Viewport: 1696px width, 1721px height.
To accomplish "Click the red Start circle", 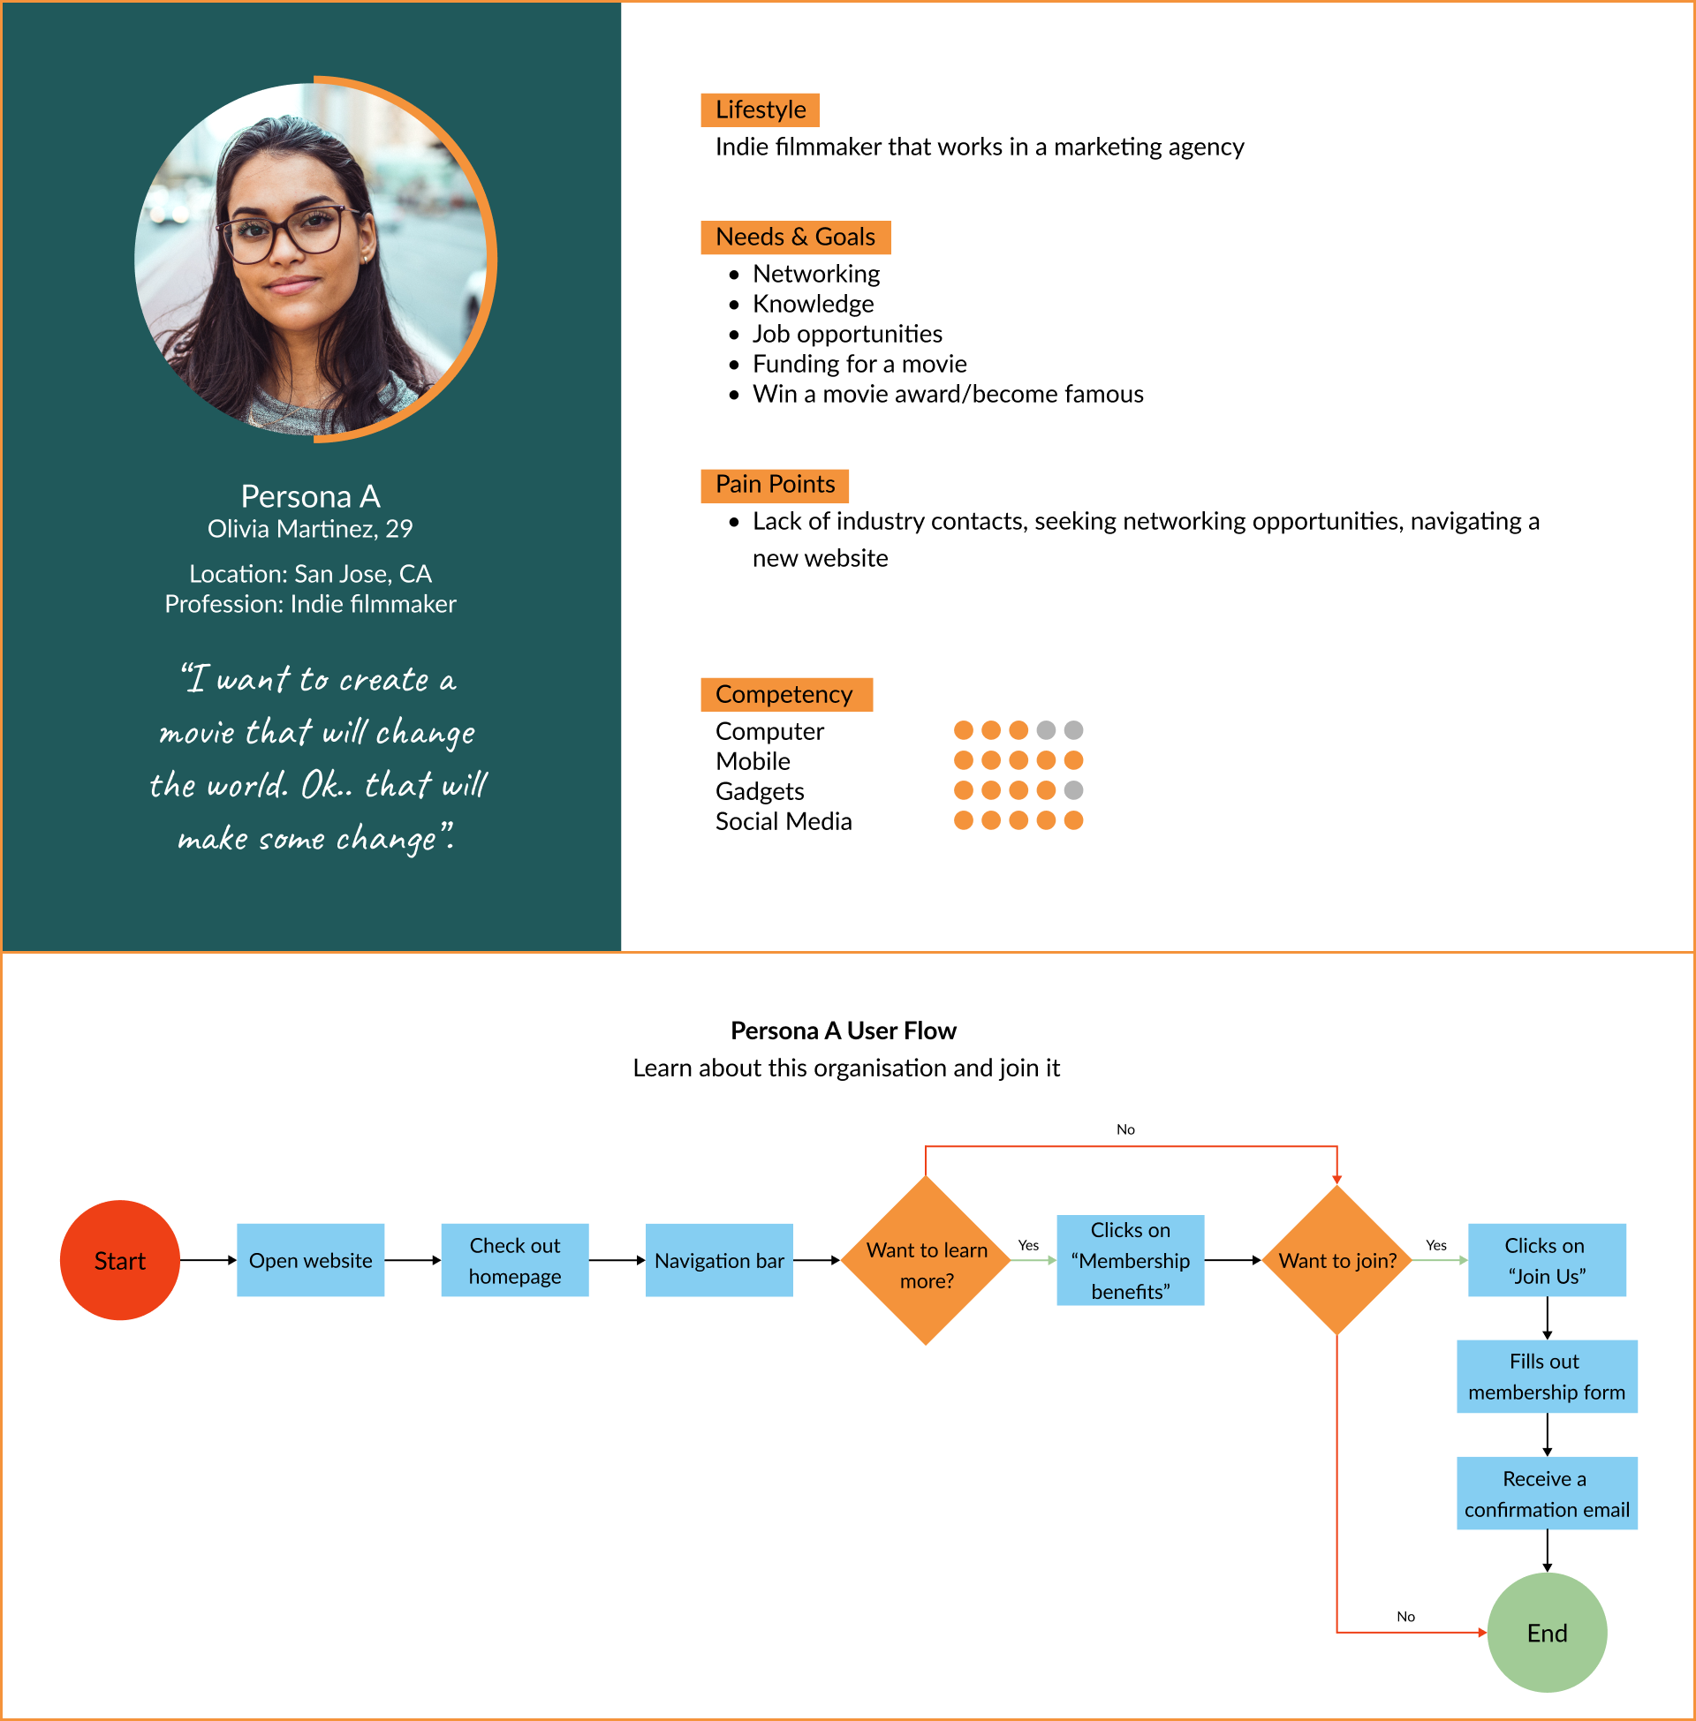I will click(119, 1260).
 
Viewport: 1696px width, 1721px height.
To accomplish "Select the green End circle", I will click(1547, 1632).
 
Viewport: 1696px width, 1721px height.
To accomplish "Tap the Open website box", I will click(310, 1260).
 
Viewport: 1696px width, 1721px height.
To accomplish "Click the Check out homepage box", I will click(515, 1260).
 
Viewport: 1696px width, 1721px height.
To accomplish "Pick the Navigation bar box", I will click(719, 1260).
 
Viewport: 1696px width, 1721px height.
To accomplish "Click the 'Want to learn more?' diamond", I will click(927, 1260).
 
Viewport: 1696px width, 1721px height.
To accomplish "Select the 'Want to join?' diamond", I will click(1337, 1260).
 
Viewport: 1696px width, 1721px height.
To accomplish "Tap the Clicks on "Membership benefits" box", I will click(1131, 1260).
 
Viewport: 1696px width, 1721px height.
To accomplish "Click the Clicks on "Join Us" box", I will click(1547, 1260).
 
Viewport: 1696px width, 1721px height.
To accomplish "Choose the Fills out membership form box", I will click(1547, 1376).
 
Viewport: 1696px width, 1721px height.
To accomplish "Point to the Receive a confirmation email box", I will click(1547, 1493).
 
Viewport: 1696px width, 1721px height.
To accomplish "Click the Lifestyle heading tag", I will click(760, 109).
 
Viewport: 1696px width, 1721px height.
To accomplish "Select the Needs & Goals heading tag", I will click(796, 237).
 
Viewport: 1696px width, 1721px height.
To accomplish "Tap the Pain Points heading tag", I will click(775, 485).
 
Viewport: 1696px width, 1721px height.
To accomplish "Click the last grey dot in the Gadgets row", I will click(1073, 789).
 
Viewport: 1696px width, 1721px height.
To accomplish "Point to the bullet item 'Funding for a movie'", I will click(859, 363).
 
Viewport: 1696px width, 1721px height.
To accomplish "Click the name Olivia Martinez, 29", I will click(310, 529).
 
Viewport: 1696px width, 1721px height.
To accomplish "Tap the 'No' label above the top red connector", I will click(1125, 1128).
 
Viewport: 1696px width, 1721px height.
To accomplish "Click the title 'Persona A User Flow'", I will click(843, 1030).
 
